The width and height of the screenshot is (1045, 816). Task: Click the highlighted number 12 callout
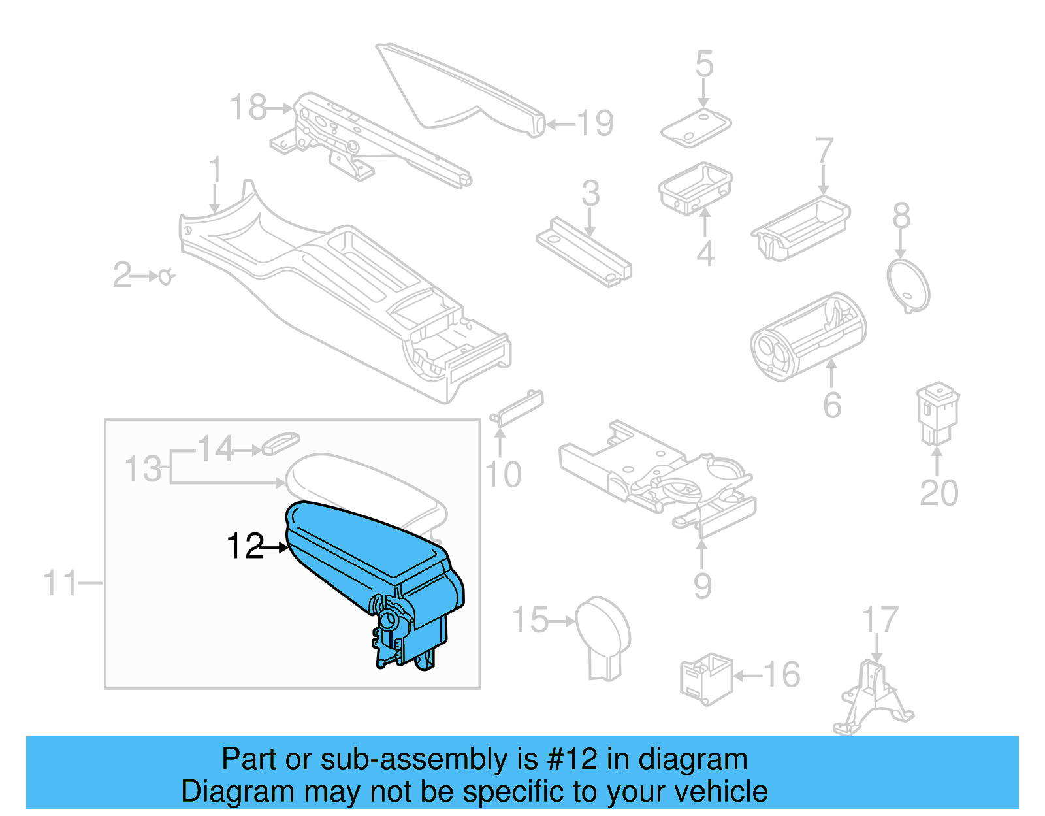click(244, 546)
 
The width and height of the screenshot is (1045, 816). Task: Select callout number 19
click(595, 123)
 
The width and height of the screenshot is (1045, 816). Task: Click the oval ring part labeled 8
click(908, 286)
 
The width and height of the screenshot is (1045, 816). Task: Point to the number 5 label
click(704, 64)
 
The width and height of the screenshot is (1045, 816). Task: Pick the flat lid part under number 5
click(696, 129)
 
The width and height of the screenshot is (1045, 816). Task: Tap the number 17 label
click(880, 620)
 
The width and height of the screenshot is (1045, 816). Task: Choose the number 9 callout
click(703, 585)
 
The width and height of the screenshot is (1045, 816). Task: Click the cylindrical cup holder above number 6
click(807, 336)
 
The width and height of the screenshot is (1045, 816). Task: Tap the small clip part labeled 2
click(166, 276)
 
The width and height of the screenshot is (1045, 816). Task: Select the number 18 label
click(249, 107)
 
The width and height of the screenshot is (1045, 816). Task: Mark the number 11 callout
click(60, 583)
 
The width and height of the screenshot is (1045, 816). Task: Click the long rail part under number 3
click(584, 252)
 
